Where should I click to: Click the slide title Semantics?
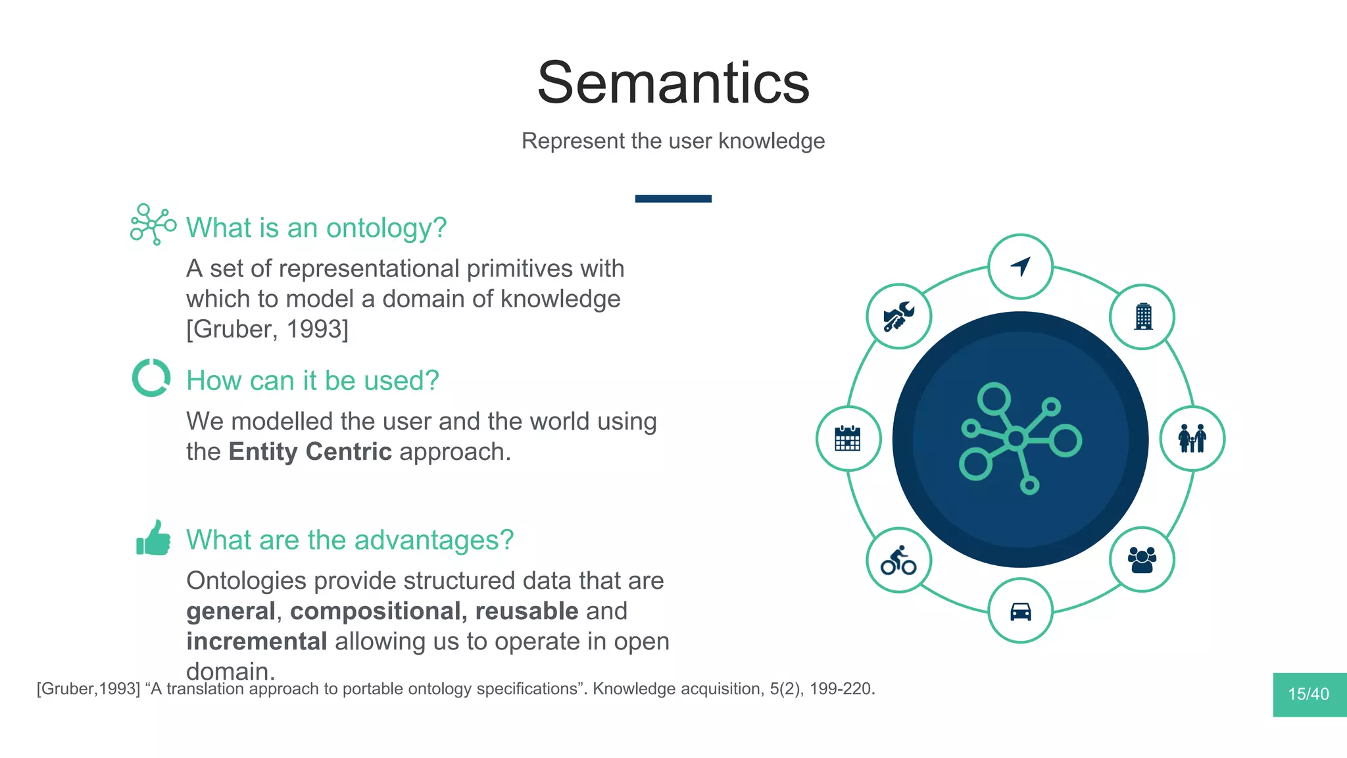673,83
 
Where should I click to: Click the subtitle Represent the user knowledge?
673,141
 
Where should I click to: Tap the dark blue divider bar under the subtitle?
673,199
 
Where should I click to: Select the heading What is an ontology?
316,228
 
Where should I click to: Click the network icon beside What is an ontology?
153,224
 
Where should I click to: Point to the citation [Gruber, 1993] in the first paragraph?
267,329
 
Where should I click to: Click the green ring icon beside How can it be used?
151,378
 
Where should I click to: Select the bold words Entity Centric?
310,452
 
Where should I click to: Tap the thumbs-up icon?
153,538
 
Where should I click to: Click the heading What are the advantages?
349,540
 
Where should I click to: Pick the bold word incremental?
257,642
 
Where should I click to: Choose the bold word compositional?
378,611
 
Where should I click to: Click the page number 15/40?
1308,694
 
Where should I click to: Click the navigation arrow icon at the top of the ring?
1020,266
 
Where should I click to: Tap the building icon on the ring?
1143,316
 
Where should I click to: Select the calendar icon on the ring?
848,438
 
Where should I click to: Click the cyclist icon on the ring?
898,561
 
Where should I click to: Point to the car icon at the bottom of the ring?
1020,611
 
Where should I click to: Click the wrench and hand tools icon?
898,316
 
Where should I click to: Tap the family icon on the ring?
1192,438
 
